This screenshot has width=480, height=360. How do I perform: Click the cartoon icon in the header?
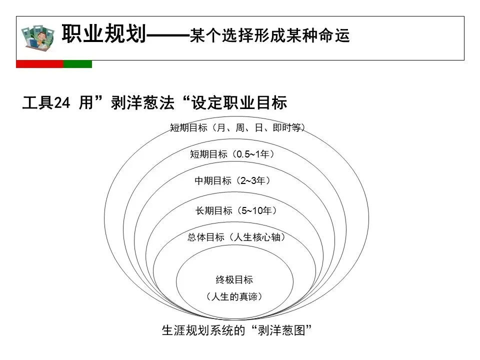[x=38, y=37]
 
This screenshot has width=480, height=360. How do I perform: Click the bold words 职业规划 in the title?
[x=104, y=33]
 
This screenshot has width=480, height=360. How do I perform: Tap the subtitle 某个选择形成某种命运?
[x=269, y=35]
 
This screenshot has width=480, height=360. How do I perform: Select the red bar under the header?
[x=40, y=64]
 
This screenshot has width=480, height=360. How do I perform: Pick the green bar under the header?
[x=78, y=64]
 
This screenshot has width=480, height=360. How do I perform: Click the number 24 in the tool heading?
[x=62, y=102]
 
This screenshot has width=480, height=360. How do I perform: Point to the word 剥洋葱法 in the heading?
[x=142, y=102]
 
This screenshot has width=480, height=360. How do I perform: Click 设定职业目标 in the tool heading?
[x=239, y=102]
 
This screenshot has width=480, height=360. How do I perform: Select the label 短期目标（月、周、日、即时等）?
[x=237, y=127]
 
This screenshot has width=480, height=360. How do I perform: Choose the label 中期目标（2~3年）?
[x=232, y=180]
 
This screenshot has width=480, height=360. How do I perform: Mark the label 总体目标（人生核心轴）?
[x=236, y=237]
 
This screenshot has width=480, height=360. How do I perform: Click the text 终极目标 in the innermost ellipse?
[x=234, y=279]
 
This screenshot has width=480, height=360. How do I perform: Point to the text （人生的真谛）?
[x=234, y=296]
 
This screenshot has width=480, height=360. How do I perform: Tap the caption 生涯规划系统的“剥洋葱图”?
[x=236, y=330]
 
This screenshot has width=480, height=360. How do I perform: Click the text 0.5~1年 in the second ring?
[x=253, y=154]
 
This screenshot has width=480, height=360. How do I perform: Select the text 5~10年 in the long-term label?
[x=256, y=210]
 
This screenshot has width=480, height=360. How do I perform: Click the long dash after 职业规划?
[x=168, y=35]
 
